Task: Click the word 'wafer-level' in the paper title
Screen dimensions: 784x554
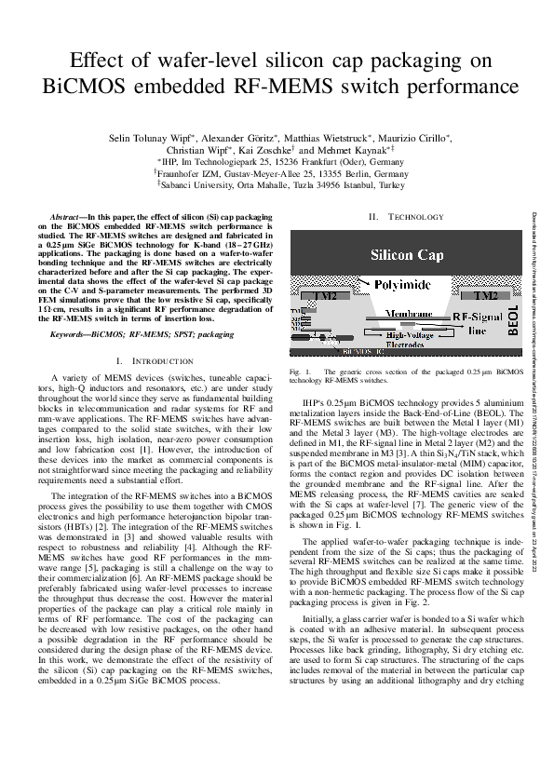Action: click(x=219, y=61)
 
